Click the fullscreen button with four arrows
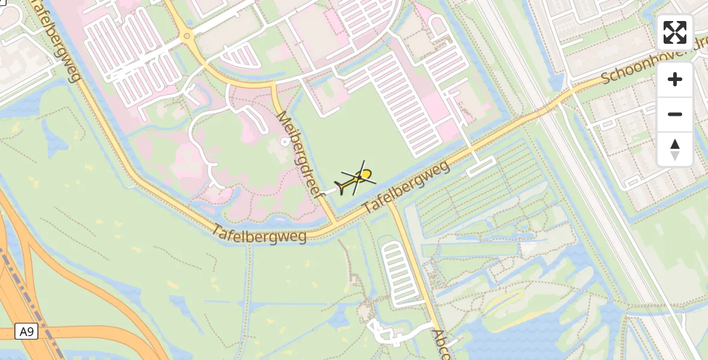coord(675,32)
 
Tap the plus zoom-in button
coord(675,79)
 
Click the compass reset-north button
coord(675,149)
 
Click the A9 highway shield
coord(25,332)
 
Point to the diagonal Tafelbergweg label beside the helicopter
coord(406,187)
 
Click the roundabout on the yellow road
coord(187,37)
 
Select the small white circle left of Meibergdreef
coord(284,142)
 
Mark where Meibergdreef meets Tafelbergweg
coord(334,223)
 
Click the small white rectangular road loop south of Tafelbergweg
coord(481,166)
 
